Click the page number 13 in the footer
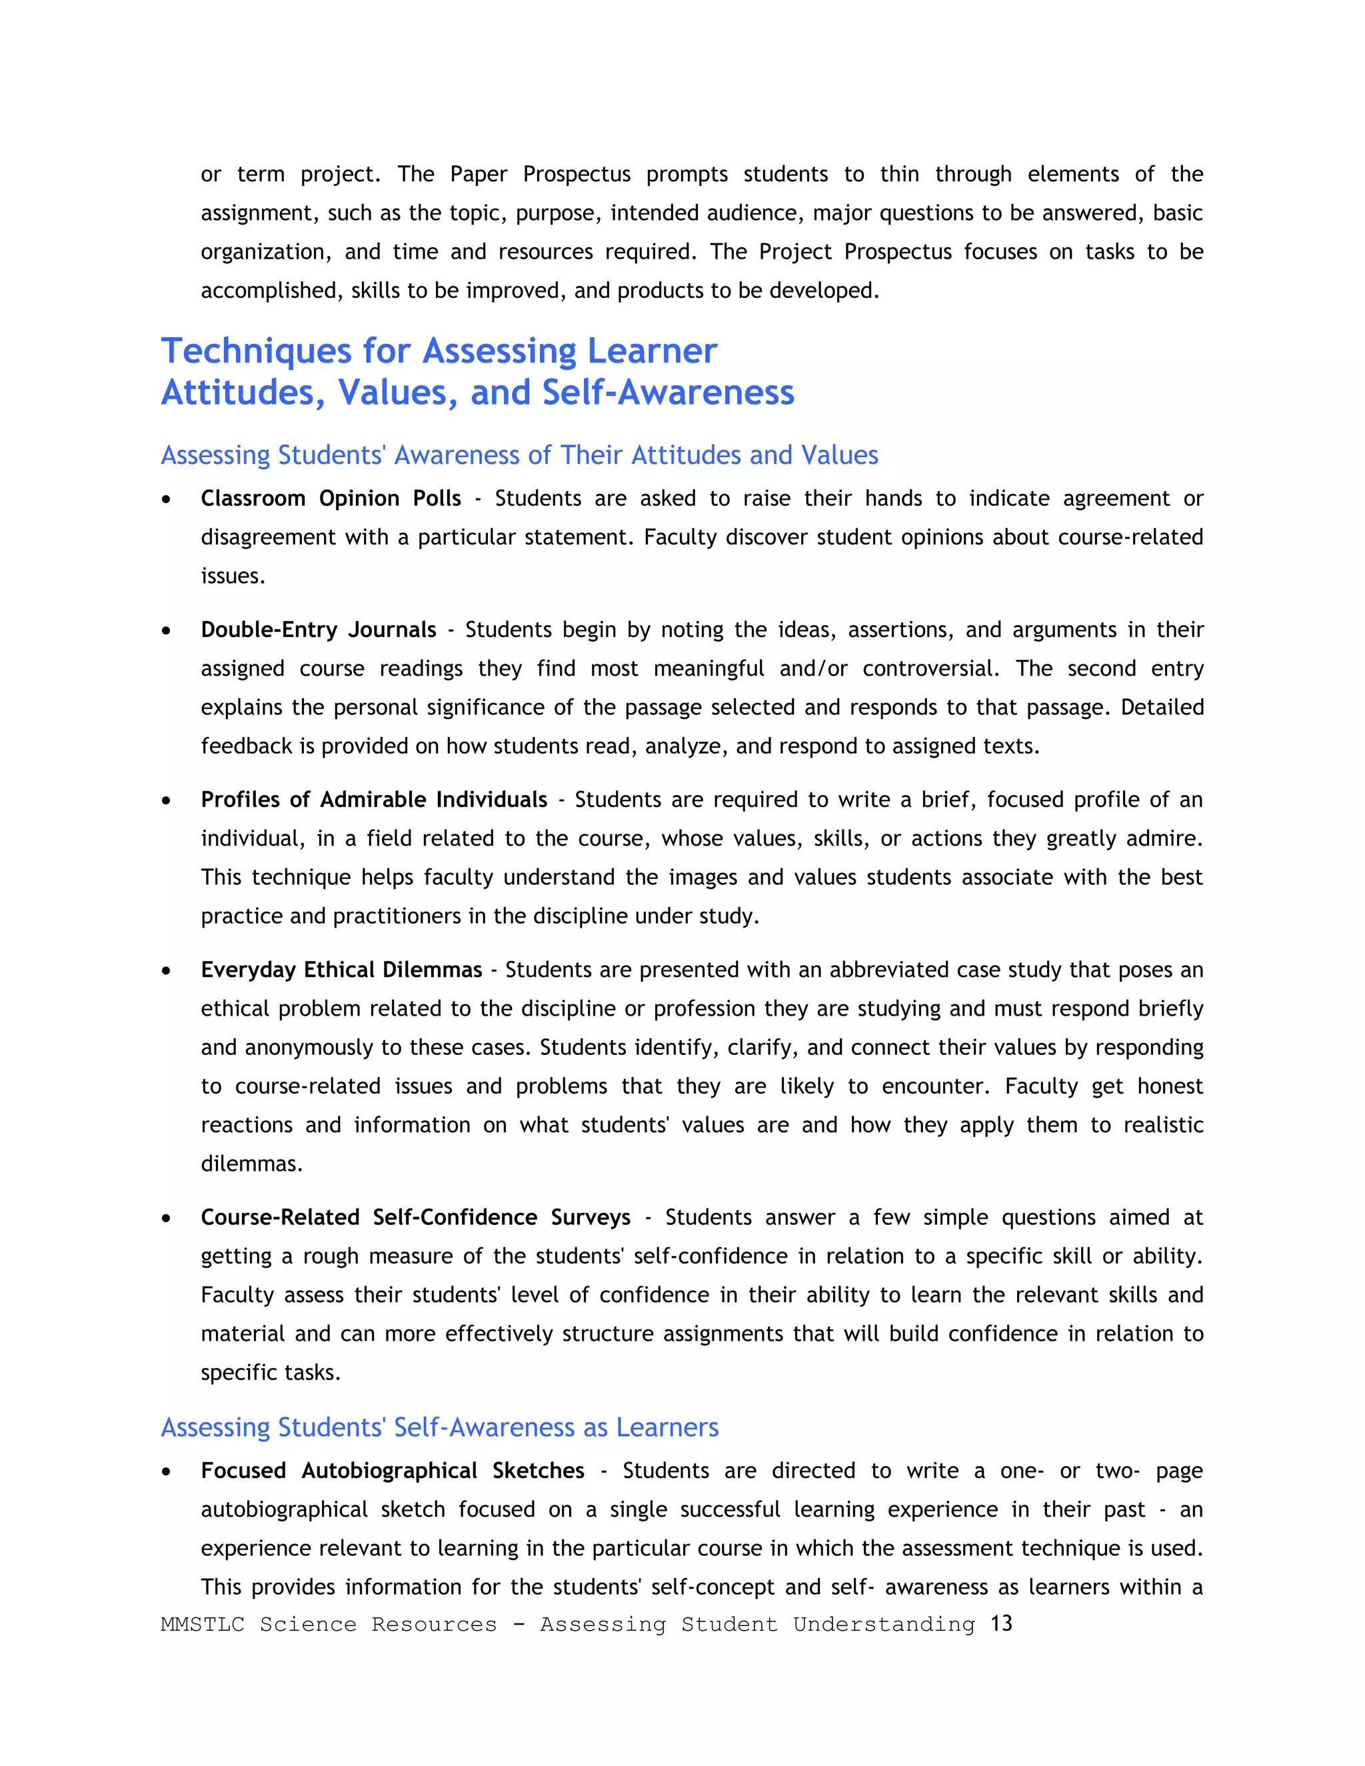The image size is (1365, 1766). (x=1001, y=1623)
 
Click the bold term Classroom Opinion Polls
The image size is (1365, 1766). (x=331, y=498)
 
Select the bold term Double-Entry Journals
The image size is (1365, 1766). (x=319, y=629)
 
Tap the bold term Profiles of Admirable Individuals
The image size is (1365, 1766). (x=374, y=799)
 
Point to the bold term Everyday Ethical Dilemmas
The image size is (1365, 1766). (x=341, y=969)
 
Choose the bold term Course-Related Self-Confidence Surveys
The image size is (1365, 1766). (x=416, y=1217)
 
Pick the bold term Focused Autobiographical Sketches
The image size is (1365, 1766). (x=392, y=1470)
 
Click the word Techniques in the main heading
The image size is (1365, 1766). (x=255, y=352)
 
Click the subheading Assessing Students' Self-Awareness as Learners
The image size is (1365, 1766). (x=439, y=1427)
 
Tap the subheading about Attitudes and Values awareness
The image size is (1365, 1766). (x=519, y=455)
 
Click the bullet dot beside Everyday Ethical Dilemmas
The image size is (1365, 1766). (x=166, y=970)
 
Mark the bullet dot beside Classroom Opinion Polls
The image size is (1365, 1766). (x=166, y=500)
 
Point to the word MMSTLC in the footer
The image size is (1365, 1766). (x=202, y=1625)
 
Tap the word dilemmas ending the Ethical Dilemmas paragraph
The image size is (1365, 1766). (x=251, y=1164)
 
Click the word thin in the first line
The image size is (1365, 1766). (x=899, y=174)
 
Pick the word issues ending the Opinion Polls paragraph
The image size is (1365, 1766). (x=232, y=576)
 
